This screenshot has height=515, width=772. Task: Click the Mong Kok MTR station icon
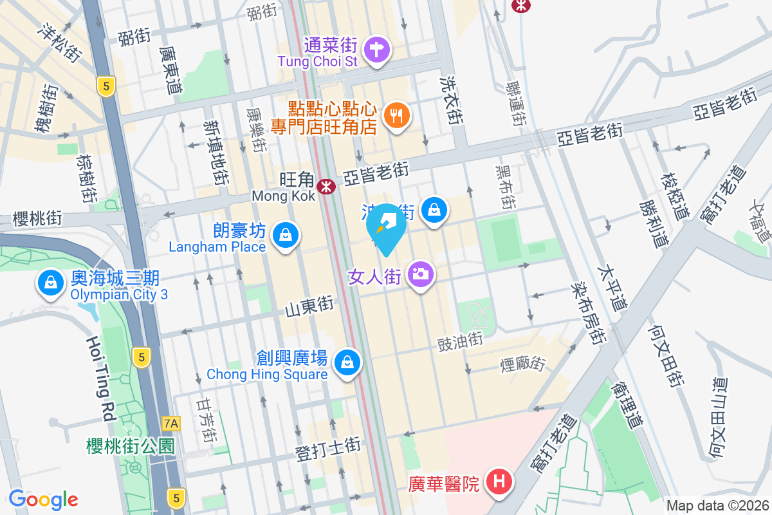click(327, 187)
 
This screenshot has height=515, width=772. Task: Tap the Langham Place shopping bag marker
click(285, 236)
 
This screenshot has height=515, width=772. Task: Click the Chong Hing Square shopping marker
click(348, 362)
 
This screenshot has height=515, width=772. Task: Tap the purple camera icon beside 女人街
click(421, 274)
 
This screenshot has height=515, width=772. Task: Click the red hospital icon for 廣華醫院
click(499, 482)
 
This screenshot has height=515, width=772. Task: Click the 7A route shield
click(171, 423)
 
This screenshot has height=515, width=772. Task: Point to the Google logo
click(43, 499)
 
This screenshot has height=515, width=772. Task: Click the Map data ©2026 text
click(717, 506)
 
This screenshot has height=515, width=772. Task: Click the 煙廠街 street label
click(523, 365)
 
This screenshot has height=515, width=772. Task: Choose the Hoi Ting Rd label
click(103, 377)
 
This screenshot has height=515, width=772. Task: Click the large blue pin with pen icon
click(386, 227)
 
